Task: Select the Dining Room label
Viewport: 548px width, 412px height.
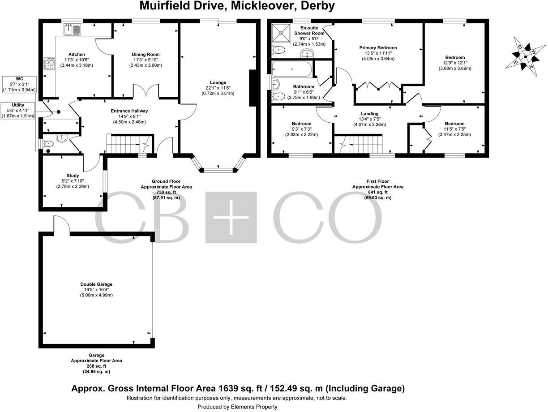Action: [x=146, y=55]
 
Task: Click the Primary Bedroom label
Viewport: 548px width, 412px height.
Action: [x=378, y=48]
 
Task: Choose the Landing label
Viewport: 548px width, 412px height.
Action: [x=369, y=114]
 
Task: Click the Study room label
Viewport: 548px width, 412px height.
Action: [x=73, y=176]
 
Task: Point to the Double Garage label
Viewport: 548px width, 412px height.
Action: [x=96, y=284]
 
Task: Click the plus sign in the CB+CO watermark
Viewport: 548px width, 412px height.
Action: [x=231, y=217]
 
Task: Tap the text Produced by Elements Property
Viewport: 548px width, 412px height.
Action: [x=237, y=407]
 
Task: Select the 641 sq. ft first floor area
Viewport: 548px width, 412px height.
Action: [x=377, y=192]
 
